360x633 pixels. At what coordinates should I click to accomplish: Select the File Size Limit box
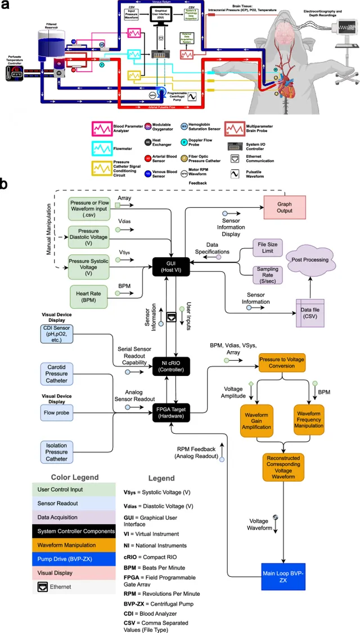point(268,248)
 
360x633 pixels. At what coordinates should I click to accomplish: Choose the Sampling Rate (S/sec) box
point(268,274)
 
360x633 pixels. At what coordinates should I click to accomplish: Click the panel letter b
point(5,184)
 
